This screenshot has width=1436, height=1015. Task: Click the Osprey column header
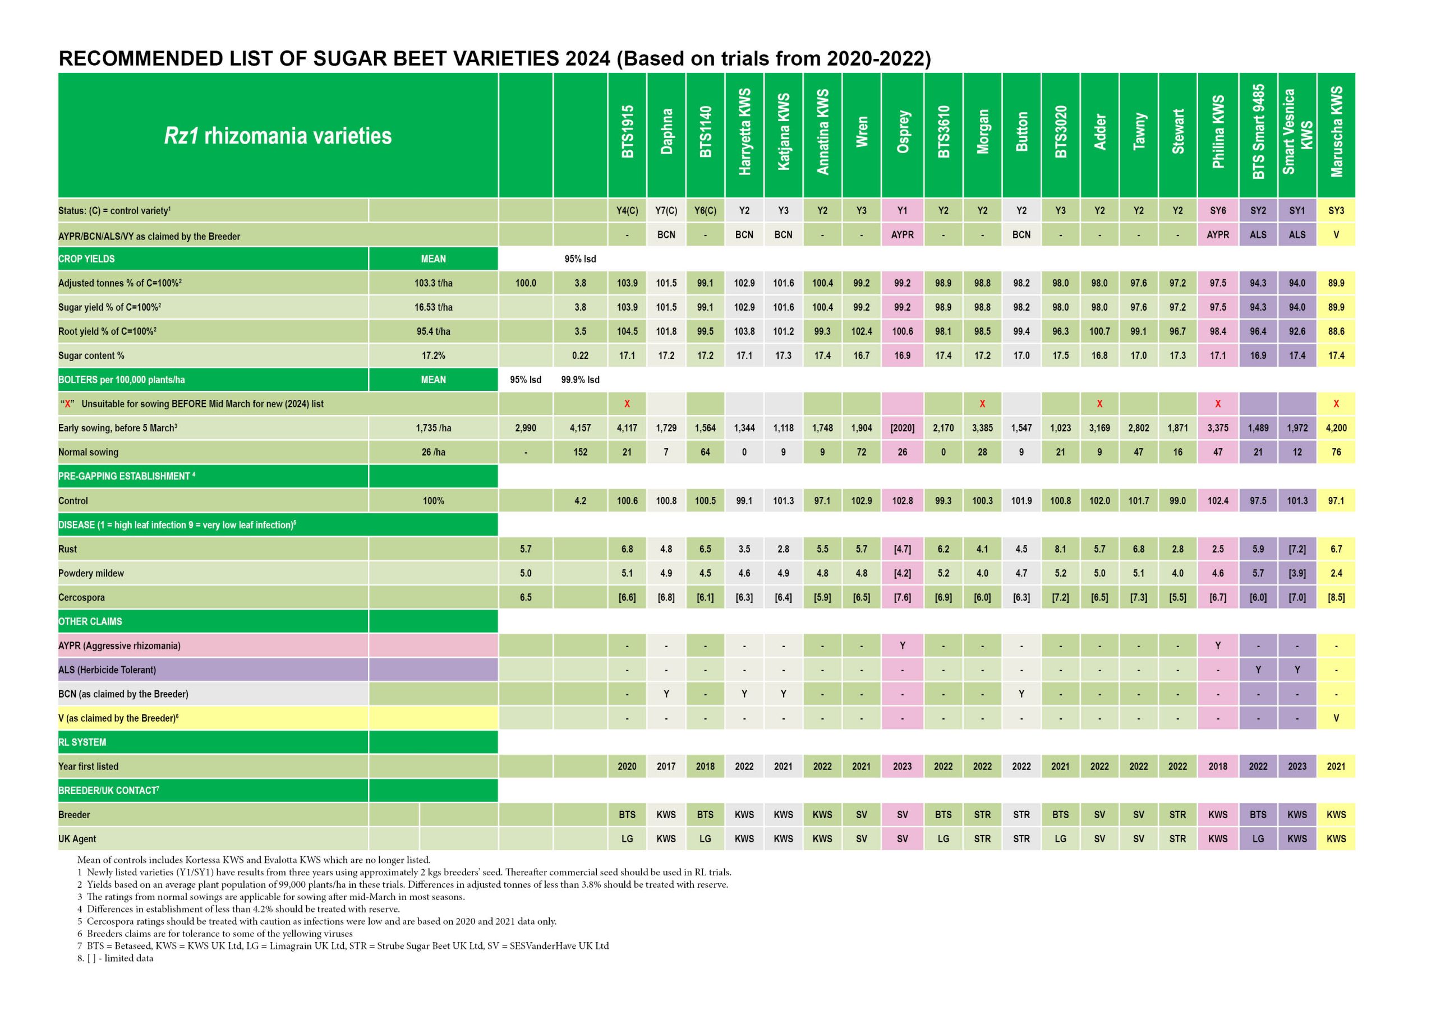(x=902, y=132)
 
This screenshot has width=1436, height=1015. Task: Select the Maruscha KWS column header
(x=1336, y=132)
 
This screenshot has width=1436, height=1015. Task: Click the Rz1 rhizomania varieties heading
(x=278, y=136)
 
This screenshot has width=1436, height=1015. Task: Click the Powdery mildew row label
(x=91, y=574)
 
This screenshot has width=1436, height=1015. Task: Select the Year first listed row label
(x=88, y=767)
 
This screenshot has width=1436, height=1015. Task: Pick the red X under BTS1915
(x=627, y=404)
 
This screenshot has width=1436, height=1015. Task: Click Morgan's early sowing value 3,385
(x=982, y=428)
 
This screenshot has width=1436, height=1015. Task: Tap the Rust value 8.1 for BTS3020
(x=1060, y=549)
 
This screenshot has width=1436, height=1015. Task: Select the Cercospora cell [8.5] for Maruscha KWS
(x=1336, y=598)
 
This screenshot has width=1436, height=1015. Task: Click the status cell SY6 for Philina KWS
(x=1218, y=211)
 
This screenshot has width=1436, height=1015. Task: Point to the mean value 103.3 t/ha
(x=433, y=283)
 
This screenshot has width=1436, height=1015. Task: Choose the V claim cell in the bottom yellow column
(x=1336, y=718)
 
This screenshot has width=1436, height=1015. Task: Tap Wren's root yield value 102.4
(x=861, y=331)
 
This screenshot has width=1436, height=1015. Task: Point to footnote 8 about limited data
(x=115, y=958)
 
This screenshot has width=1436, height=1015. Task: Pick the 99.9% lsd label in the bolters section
(x=580, y=380)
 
